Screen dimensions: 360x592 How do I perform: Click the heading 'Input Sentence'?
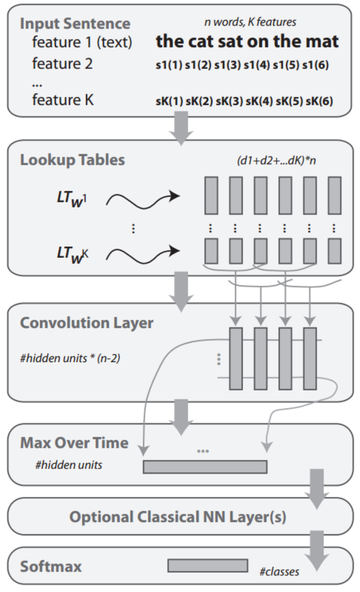[75, 24]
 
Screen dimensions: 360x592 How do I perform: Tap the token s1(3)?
[228, 65]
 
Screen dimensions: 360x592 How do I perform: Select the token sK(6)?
[319, 101]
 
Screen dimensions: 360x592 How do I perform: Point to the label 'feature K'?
[63, 100]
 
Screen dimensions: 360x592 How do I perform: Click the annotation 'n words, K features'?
[250, 22]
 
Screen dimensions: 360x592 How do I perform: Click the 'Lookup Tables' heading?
[73, 160]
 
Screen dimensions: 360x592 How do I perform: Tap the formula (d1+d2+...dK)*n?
[276, 160]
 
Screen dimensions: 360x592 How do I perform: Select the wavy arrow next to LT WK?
[143, 255]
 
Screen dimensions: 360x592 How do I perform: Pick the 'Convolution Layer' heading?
[87, 323]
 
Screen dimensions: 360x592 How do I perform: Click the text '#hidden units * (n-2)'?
[70, 358]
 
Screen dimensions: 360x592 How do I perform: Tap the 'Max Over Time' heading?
[74, 443]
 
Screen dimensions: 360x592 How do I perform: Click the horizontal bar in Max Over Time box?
[205, 467]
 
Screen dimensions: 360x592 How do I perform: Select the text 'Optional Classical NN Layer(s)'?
[178, 517]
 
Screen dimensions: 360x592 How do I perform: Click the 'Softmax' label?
[51, 567]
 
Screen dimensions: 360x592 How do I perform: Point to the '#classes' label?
[279, 572]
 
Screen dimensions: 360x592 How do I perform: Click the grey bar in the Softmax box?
[208, 566]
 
